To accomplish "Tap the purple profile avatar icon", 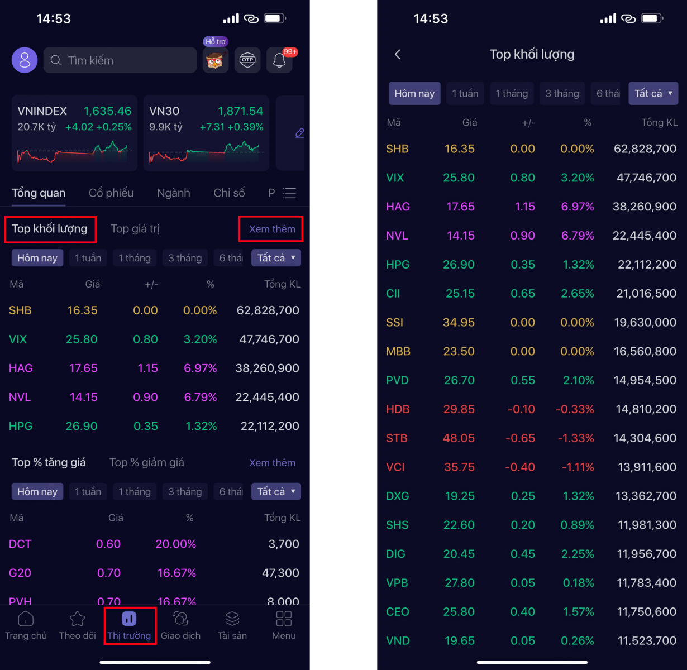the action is click(25, 60).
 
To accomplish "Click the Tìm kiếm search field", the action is click(120, 60).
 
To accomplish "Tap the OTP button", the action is click(247, 60).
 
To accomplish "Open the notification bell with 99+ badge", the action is click(279, 60).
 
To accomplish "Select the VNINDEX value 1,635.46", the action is click(107, 111).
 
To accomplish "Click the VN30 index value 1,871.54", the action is click(240, 111).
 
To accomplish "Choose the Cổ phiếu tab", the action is click(111, 193).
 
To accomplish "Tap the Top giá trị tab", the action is click(135, 229).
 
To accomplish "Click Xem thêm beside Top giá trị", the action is click(272, 229).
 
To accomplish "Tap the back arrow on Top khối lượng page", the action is click(398, 54).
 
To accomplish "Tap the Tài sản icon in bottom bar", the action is click(232, 619).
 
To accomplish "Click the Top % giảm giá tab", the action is click(146, 462).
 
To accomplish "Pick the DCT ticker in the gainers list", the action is click(20, 544).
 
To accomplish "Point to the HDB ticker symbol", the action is click(398, 409).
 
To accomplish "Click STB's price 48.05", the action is click(459, 438).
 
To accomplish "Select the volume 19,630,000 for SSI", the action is click(645, 323).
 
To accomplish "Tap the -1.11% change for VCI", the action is click(578, 467).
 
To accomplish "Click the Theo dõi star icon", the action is click(77, 619).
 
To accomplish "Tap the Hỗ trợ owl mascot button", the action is click(216, 60).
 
